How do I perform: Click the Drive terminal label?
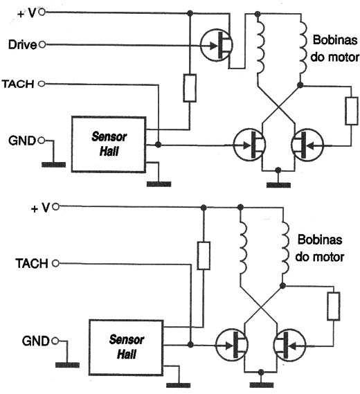coord(23,45)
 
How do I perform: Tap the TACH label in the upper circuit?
coord(18,84)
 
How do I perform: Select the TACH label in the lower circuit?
coord(32,264)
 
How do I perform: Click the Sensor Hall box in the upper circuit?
coord(109,144)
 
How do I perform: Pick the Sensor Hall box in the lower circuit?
coord(126,348)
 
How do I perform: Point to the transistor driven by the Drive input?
coord(217,46)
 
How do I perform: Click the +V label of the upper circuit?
coord(27,13)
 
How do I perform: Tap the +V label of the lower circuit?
coord(41,208)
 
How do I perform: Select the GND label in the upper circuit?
coord(22,141)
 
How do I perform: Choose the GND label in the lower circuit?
coord(36,341)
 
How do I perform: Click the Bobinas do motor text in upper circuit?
coord(334,48)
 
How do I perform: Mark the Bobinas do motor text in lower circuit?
coord(320,249)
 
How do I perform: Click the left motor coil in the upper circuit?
coord(260,46)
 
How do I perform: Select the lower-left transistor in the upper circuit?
coord(249,145)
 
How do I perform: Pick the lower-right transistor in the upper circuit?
coord(307,145)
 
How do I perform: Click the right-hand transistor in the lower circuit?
coord(289,345)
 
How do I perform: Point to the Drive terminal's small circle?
coord(42,45)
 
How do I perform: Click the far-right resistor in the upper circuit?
coord(352,111)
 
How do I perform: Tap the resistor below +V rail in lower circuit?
coord(204,256)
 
